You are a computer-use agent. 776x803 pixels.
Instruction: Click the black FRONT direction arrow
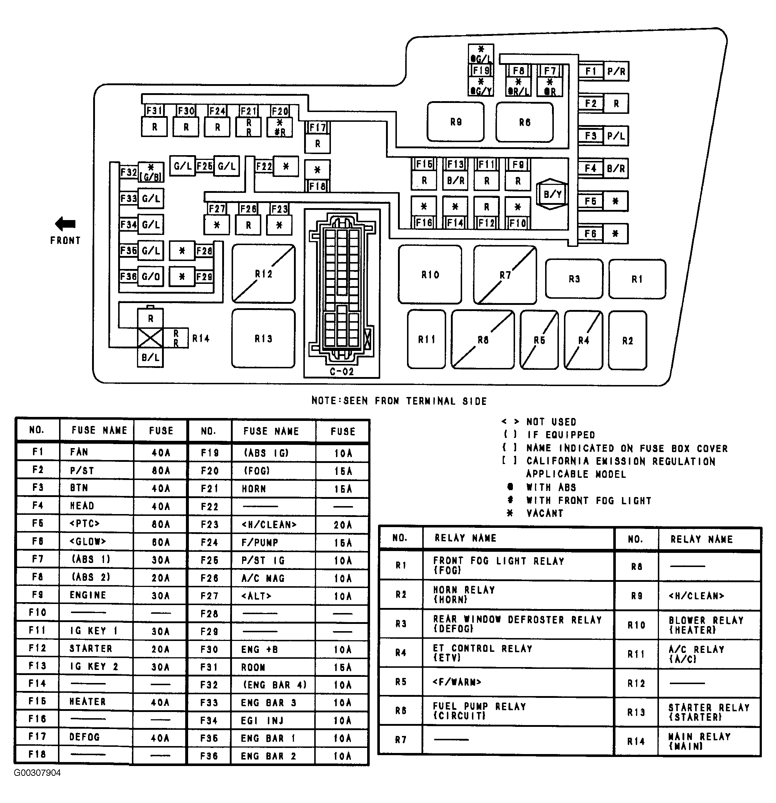coord(65,224)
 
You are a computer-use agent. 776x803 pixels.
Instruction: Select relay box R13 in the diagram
coord(263,338)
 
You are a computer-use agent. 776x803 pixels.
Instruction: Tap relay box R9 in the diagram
coord(456,122)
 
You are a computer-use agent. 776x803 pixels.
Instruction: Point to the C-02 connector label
coord(341,372)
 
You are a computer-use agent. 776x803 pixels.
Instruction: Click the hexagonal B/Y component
coord(552,194)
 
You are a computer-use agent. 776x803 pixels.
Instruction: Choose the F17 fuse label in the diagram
coord(318,127)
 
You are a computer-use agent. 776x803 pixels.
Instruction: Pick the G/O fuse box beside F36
coord(151,277)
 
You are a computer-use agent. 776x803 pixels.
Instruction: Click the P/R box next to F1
coord(616,71)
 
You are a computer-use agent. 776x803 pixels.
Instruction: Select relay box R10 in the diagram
coord(430,274)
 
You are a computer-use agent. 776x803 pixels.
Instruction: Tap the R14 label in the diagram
coord(201,338)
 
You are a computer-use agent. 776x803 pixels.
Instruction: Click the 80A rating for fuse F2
coord(161,471)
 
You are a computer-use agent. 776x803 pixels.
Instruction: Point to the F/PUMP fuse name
coord(260,543)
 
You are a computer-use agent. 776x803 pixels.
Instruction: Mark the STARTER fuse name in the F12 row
coord(91,649)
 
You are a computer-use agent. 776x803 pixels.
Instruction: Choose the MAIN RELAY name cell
coord(700,737)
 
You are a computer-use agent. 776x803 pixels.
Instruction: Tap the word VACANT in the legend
coord(545,513)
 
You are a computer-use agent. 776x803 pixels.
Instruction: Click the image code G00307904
coord(37,773)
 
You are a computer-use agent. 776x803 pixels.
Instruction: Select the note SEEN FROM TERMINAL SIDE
coord(415,401)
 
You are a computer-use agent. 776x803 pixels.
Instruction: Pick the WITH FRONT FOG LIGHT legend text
coord(589,500)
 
